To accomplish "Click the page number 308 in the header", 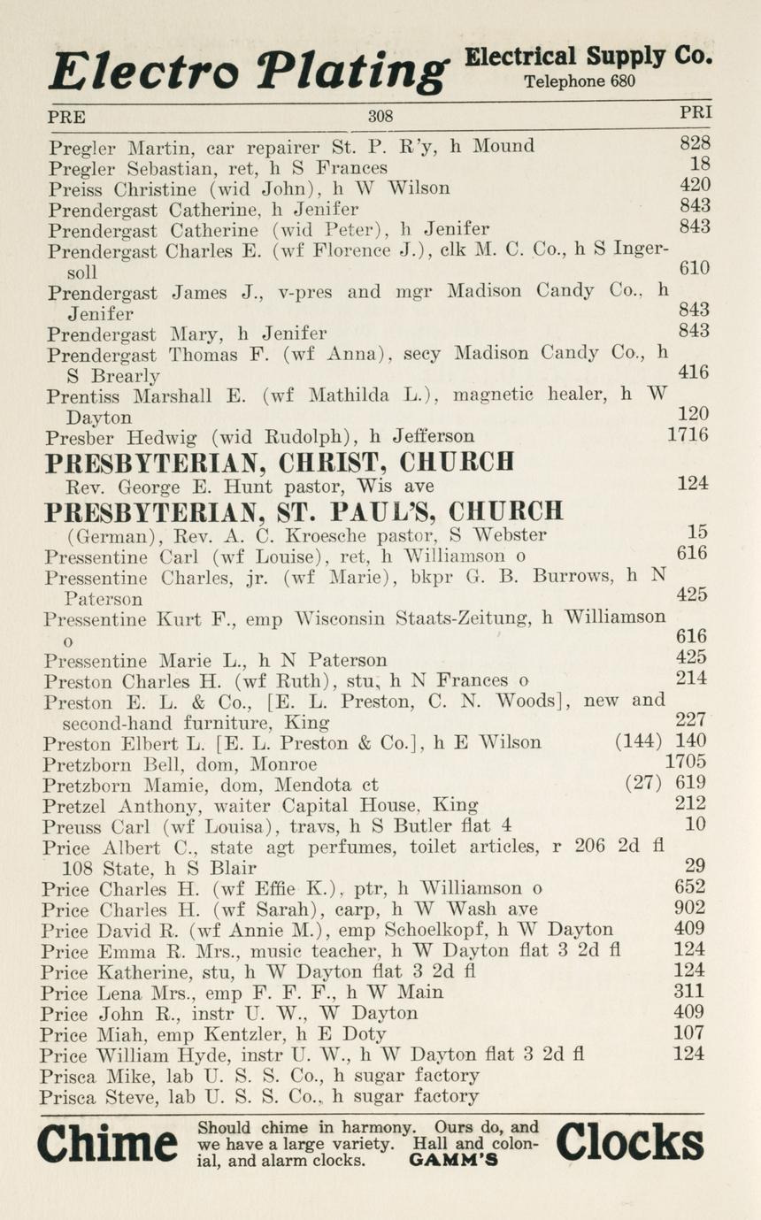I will (x=380, y=116).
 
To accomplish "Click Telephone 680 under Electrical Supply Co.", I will (x=578, y=82).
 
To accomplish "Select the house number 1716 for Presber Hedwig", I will (x=688, y=435).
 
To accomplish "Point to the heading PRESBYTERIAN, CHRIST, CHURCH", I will (x=279, y=462).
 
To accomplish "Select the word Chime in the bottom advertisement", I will (x=107, y=1145).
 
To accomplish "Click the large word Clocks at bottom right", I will (x=629, y=1142).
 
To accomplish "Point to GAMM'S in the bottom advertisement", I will (x=454, y=1161).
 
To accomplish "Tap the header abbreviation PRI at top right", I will (x=695, y=113).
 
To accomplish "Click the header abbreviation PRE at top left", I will (x=66, y=116).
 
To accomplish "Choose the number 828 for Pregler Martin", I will (x=695, y=144).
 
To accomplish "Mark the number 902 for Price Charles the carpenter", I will (x=690, y=908).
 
